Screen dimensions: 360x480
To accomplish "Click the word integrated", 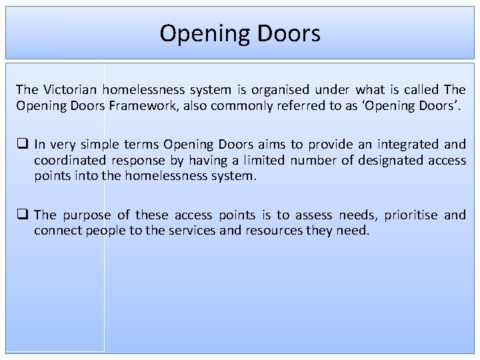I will tap(409, 144).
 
